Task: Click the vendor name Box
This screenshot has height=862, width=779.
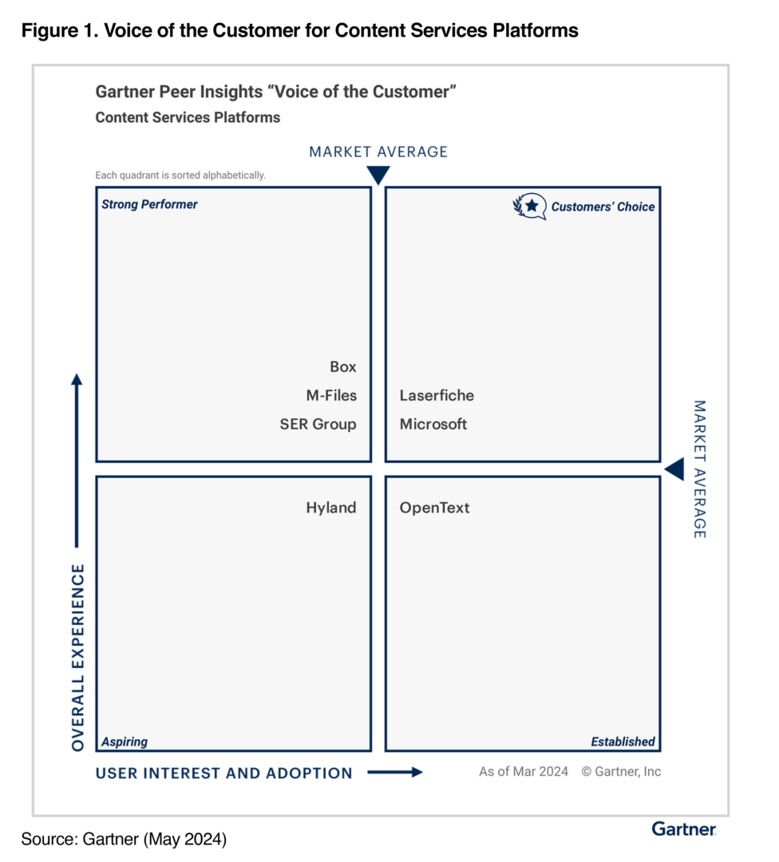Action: click(343, 366)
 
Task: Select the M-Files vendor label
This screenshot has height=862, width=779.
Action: click(331, 395)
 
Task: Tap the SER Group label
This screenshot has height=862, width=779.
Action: click(318, 425)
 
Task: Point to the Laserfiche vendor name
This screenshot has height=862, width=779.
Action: click(437, 395)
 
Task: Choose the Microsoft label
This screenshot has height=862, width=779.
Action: click(433, 424)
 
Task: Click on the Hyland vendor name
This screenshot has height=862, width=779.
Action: click(331, 508)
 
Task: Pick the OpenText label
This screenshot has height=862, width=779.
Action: click(435, 508)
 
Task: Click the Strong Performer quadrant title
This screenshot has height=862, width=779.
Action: click(149, 204)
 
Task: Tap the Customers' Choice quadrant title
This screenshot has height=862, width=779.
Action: click(603, 207)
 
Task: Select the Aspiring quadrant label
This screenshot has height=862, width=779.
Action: click(125, 742)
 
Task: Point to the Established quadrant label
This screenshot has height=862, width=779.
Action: click(623, 741)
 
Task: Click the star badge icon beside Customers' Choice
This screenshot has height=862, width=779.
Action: click(530, 206)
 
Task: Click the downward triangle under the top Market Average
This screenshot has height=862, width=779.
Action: click(378, 175)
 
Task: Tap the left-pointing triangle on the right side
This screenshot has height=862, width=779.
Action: click(674, 469)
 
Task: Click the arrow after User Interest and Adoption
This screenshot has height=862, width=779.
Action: click(395, 773)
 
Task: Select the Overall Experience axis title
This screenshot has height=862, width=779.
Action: click(78, 658)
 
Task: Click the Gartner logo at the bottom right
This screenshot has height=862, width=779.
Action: click(684, 829)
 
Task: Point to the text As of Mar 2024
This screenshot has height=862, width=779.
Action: click(524, 772)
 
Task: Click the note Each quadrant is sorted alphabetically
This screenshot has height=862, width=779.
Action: click(180, 176)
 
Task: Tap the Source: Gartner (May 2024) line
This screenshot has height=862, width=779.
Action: click(124, 840)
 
